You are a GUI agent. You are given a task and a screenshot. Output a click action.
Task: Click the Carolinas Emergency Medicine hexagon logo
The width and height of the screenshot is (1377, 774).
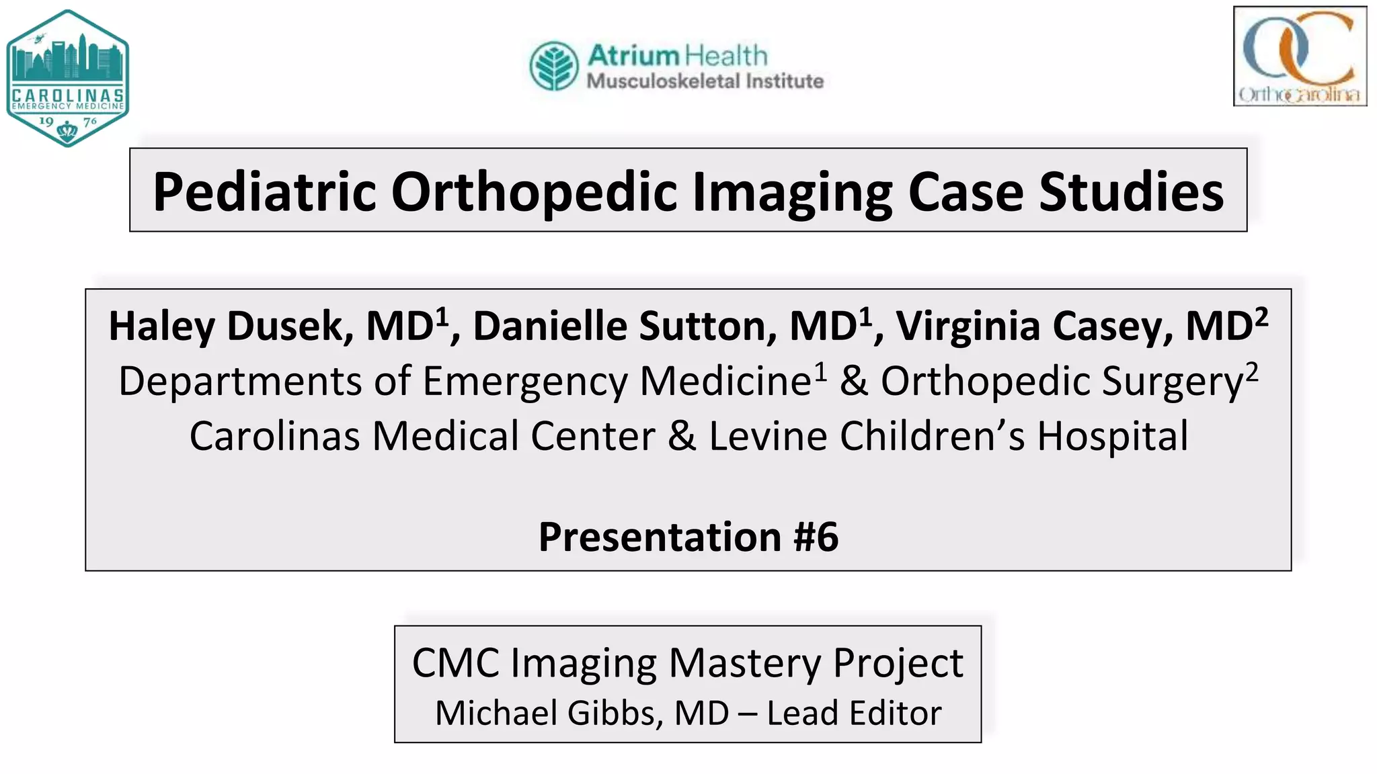click(67, 77)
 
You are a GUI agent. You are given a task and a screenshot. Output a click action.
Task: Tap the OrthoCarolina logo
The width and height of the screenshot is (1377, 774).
click(1300, 56)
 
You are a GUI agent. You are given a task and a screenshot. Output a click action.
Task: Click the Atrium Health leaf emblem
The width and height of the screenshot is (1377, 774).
click(553, 66)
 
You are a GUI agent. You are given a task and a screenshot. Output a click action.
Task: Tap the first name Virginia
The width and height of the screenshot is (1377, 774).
click(968, 327)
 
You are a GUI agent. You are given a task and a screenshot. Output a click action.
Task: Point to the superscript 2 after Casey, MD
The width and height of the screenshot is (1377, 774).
click(1261, 316)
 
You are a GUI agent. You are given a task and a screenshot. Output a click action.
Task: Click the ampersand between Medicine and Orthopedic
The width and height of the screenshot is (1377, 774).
click(853, 381)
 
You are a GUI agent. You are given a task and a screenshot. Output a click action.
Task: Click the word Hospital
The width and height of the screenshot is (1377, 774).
click(1112, 436)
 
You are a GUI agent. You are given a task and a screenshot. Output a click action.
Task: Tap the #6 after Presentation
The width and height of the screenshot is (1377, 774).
click(816, 537)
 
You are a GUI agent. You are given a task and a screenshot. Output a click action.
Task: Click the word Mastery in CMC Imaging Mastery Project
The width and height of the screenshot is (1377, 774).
click(744, 663)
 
